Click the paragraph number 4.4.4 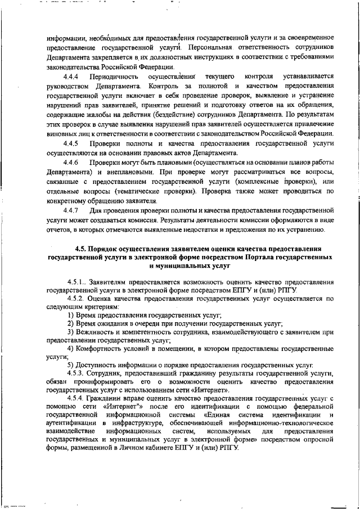point(70,75)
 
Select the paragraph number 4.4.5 point(70,143)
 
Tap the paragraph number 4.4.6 point(70,162)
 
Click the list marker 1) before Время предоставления point(70,316)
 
